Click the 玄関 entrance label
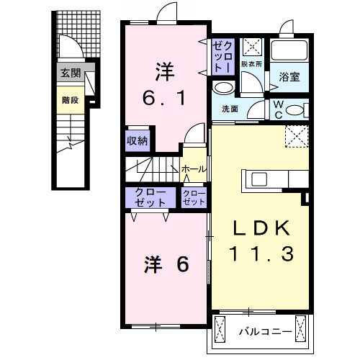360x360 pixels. point(70,73)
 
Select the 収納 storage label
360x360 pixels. point(138,141)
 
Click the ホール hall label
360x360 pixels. point(193,169)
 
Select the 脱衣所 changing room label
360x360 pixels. point(251,64)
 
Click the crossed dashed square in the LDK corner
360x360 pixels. point(297,135)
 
